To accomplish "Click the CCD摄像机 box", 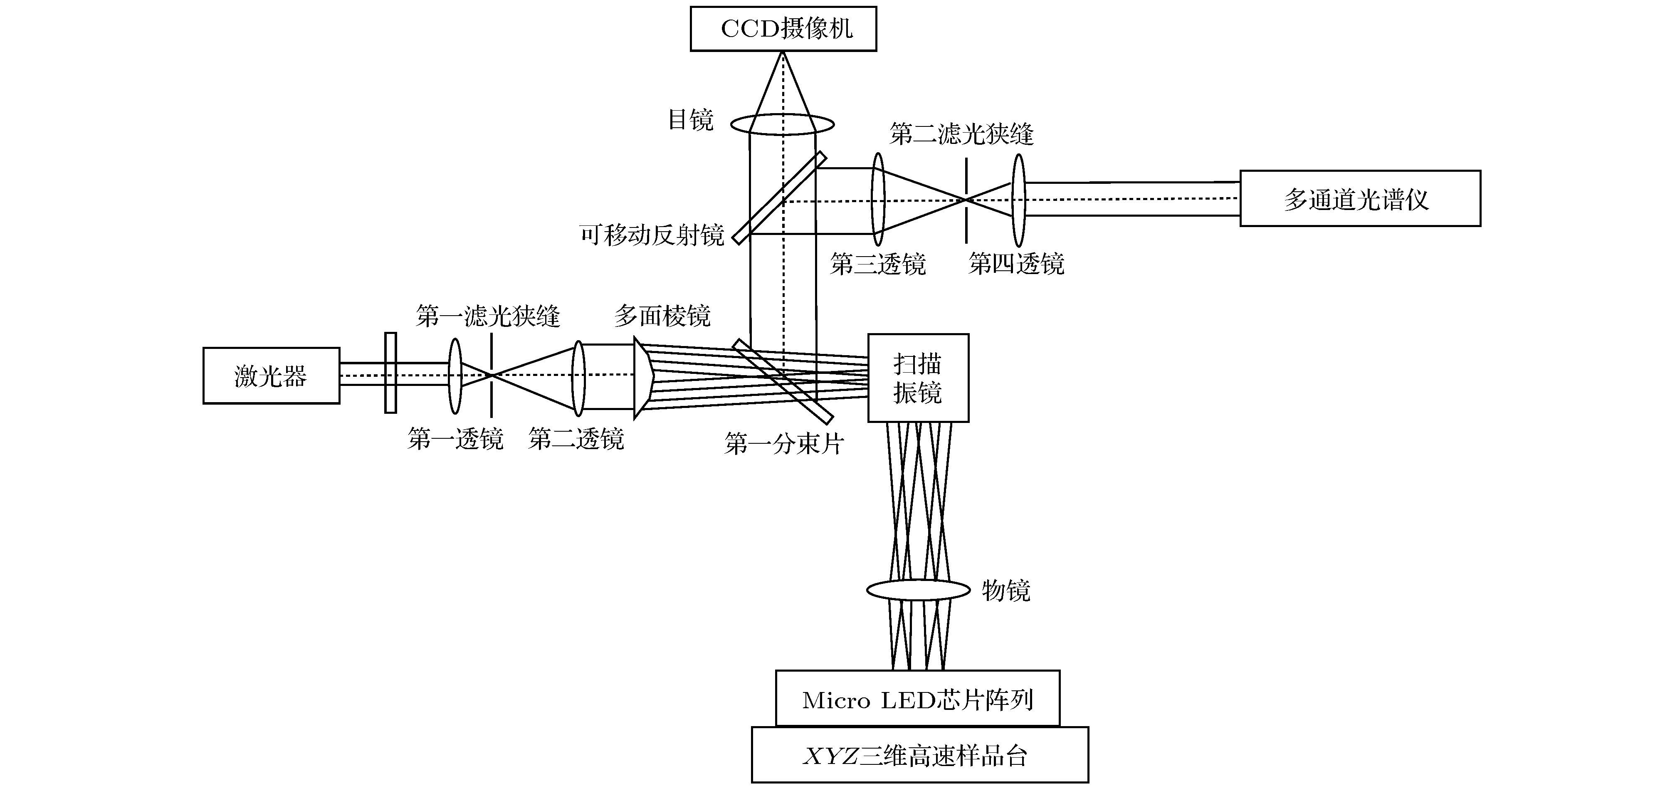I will pyautogui.click(x=783, y=29).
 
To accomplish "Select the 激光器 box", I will pyautogui.click(x=271, y=376).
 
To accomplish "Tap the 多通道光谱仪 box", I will pyautogui.click(x=1359, y=198).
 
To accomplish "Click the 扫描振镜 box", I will pyautogui.click(x=918, y=378).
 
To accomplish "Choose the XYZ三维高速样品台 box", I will pyautogui.click(x=919, y=755).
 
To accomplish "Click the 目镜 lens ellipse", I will pyautogui.click(x=782, y=124).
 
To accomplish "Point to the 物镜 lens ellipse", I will pyautogui.click(x=918, y=590).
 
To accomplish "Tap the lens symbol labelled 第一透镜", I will pyautogui.click(x=455, y=376).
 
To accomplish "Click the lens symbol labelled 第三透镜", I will pyautogui.click(x=878, y=199).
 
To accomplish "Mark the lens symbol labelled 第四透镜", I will pyautogui.click(x=1018, y=200).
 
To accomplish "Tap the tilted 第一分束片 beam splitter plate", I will pyautogui.click(x=783, y=380).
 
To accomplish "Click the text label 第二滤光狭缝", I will pyautogui.click(x=961, y=134).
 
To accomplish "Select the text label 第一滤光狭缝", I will pyautogui.click(x=487, y=316).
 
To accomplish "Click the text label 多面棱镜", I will pyautogui.click(x=662, y=316).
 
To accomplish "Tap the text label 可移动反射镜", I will pyautogui.click(x=652, y=235).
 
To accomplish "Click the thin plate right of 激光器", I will pyautogui.click(x=390, y=373).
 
